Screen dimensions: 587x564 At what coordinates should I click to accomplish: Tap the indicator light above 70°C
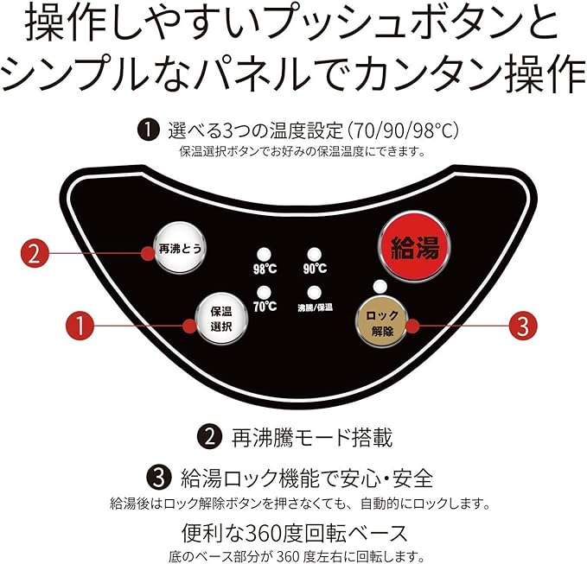264,292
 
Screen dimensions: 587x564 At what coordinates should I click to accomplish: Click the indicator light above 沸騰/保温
314,292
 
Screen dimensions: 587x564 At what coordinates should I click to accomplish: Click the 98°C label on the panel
265,268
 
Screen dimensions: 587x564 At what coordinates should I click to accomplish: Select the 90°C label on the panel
315,268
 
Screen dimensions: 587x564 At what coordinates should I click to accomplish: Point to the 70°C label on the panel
265,307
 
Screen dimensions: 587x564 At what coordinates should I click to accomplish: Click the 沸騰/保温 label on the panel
316,307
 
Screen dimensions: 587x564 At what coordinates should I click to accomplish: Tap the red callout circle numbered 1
80,326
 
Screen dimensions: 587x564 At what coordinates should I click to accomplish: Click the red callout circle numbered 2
34,254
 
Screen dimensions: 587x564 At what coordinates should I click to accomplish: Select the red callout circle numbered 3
520,326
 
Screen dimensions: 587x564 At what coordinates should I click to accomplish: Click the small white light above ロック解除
378,287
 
